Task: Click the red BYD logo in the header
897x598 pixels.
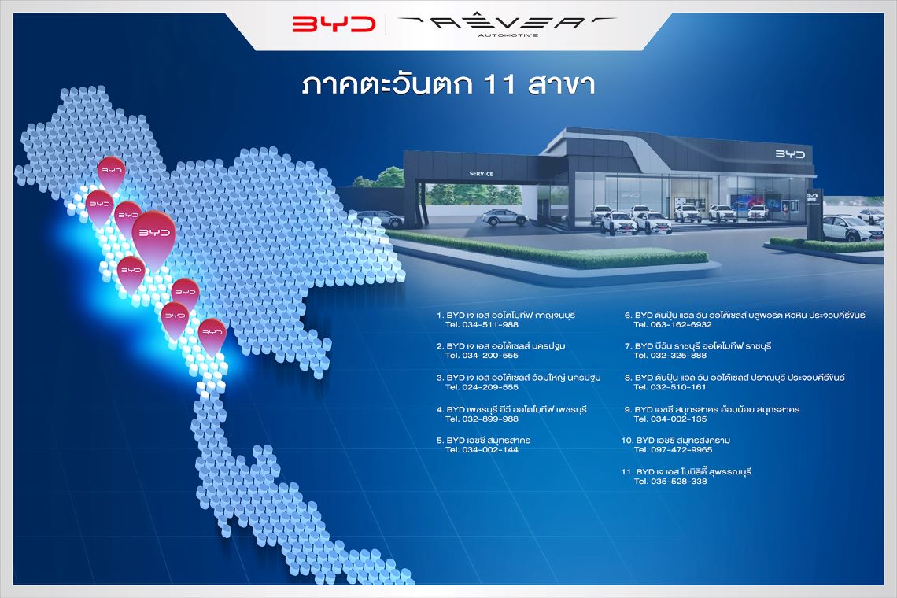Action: point(334,24)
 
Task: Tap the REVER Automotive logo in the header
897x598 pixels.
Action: point(508,25)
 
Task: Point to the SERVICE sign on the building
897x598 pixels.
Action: point(481,173)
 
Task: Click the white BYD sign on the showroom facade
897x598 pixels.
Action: point(790,154)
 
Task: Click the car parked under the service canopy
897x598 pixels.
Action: point(504,217)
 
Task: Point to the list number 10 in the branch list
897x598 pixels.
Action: point(627,441)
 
